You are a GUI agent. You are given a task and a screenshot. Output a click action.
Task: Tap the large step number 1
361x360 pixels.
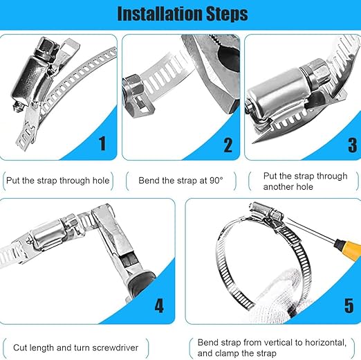click(x=102, y=143)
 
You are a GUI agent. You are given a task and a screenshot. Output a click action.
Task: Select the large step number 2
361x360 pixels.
click(x=228, y=145)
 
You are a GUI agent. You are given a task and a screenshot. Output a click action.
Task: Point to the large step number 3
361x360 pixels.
click(x=353, y=145)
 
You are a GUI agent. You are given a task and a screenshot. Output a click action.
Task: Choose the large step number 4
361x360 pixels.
click(x=159, y=305)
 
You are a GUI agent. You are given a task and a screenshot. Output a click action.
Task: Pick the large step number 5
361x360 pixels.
click(x=349, y=305)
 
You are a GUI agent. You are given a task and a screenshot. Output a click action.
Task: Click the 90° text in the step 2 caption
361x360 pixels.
click(x=216, y=181)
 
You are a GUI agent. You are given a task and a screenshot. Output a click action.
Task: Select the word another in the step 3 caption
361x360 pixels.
click(x=278, y=187)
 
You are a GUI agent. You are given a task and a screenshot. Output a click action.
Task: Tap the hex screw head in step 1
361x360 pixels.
click(x=46, y=48)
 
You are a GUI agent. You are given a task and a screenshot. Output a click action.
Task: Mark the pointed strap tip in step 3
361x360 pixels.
click(x=254, y=142)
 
